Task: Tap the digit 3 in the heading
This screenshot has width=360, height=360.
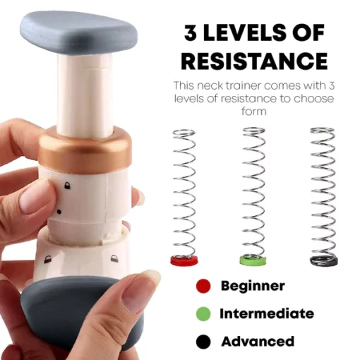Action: click(191, 32)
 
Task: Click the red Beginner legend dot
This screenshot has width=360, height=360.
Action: click(203, 286)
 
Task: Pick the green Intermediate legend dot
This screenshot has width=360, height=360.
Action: click(203, 313)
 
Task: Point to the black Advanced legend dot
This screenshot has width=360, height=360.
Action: click(203, 342)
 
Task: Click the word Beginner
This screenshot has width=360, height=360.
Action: click(253, 287)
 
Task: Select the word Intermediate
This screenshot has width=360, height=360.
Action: click(267, 313)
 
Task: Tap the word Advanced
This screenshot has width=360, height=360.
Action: click(258, 341)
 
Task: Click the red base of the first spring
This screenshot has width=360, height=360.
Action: click(184, 260)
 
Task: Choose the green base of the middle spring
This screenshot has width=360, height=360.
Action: click(253, 260)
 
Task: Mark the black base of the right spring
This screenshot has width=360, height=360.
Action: click(324, 260)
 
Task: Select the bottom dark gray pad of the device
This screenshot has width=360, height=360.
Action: click(80, 313)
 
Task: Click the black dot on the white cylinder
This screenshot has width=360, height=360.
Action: click(59, 212)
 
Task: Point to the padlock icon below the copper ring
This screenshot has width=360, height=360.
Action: click(67, 186)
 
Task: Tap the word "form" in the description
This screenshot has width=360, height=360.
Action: click(254, 111)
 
